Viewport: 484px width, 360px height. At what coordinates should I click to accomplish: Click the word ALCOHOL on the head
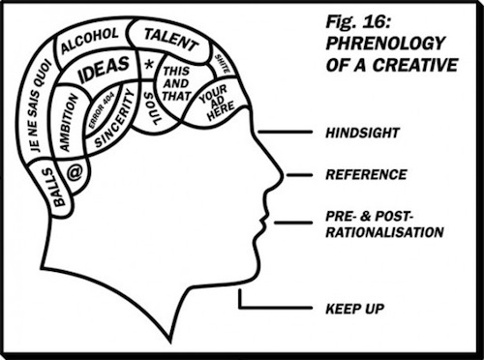click(x=89, y=41)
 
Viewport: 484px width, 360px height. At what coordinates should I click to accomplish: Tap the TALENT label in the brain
click(x=171, y=40)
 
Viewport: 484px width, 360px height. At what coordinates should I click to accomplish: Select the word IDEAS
click(x=104, y=69)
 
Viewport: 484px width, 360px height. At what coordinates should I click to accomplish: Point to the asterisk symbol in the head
click(x=149, y=65)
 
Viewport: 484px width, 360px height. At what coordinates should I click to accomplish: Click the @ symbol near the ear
click(x=75, y=172)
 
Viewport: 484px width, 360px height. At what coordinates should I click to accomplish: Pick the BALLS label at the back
click(x=55, y=187)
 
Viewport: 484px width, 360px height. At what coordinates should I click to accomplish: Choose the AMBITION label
click(x=69, y=123)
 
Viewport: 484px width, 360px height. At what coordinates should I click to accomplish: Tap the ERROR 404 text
click(x=101, y=112)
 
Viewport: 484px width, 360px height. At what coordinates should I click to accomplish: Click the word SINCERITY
click(x=115, y=119)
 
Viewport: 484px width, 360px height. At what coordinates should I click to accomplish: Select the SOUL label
click(x=152, y=108)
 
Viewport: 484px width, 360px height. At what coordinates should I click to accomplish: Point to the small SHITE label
click(x=223, y=63)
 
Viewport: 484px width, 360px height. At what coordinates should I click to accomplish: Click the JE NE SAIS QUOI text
click(x=39, y=105)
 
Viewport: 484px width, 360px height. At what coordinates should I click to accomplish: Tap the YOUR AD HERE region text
click(x=216, y=103)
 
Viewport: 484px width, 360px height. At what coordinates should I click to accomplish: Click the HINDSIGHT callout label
click(x=362, y=133)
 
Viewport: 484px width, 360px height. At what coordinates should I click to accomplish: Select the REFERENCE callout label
click(x=366, y=175)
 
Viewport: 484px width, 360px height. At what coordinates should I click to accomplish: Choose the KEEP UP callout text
click(x=354, y=309)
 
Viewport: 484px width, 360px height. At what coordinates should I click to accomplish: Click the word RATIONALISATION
click(x=384, y=232)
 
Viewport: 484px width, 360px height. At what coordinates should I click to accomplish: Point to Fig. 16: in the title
click(x=358, y=23)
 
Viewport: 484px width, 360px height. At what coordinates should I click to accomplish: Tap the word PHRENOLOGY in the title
click(x=385, y=44)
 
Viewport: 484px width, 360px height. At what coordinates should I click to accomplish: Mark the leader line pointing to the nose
click(x=299, y=175)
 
